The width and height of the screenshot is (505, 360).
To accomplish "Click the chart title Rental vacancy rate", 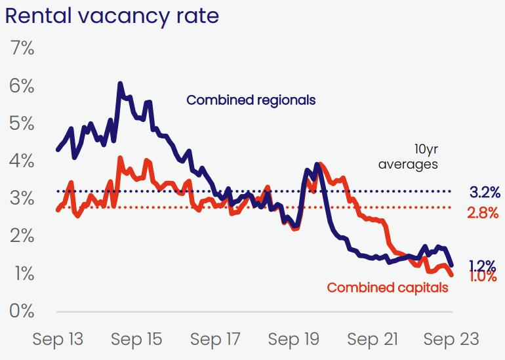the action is click(x=112, y=16).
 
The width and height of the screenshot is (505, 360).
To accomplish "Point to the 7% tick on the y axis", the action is click(x=22, y=49).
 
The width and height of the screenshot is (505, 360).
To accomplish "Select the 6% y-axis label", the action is click(x=22, y=86).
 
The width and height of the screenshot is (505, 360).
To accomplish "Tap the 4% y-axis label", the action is click(x=22, y=161).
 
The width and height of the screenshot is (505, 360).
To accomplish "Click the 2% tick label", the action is click(x=22, y=236).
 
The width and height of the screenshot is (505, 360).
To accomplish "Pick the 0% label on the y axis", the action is click(x=22, y=311).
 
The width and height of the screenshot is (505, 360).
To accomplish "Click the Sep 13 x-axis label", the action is click(x=58, y=340).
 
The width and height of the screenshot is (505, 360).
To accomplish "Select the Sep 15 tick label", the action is click(x=136, y=340).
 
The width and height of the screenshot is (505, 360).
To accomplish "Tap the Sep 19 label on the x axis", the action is click(x=294, y=340).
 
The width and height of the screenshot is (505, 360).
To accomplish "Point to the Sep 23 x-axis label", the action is click(x=451, y=340).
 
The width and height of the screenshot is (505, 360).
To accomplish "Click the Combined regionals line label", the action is click(x=251, y=100).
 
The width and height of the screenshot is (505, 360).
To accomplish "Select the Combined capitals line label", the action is click(x=388, y=288).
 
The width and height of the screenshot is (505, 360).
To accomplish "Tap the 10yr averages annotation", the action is click(x=408, y=157).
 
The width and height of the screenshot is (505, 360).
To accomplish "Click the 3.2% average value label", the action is click(x=485, y=193).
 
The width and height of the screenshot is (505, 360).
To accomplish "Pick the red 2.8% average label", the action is click(x=483, y=213).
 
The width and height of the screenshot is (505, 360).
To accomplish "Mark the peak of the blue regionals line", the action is click(x=120, y=83).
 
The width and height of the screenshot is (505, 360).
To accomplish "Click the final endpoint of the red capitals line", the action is click(x=451, y=275).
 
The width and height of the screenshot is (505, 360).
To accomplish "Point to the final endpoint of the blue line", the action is click(x=451, y=265).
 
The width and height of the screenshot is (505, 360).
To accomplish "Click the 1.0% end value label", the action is click(x=483, y=277).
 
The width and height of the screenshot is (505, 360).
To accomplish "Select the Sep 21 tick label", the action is click(x=373, y=340).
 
